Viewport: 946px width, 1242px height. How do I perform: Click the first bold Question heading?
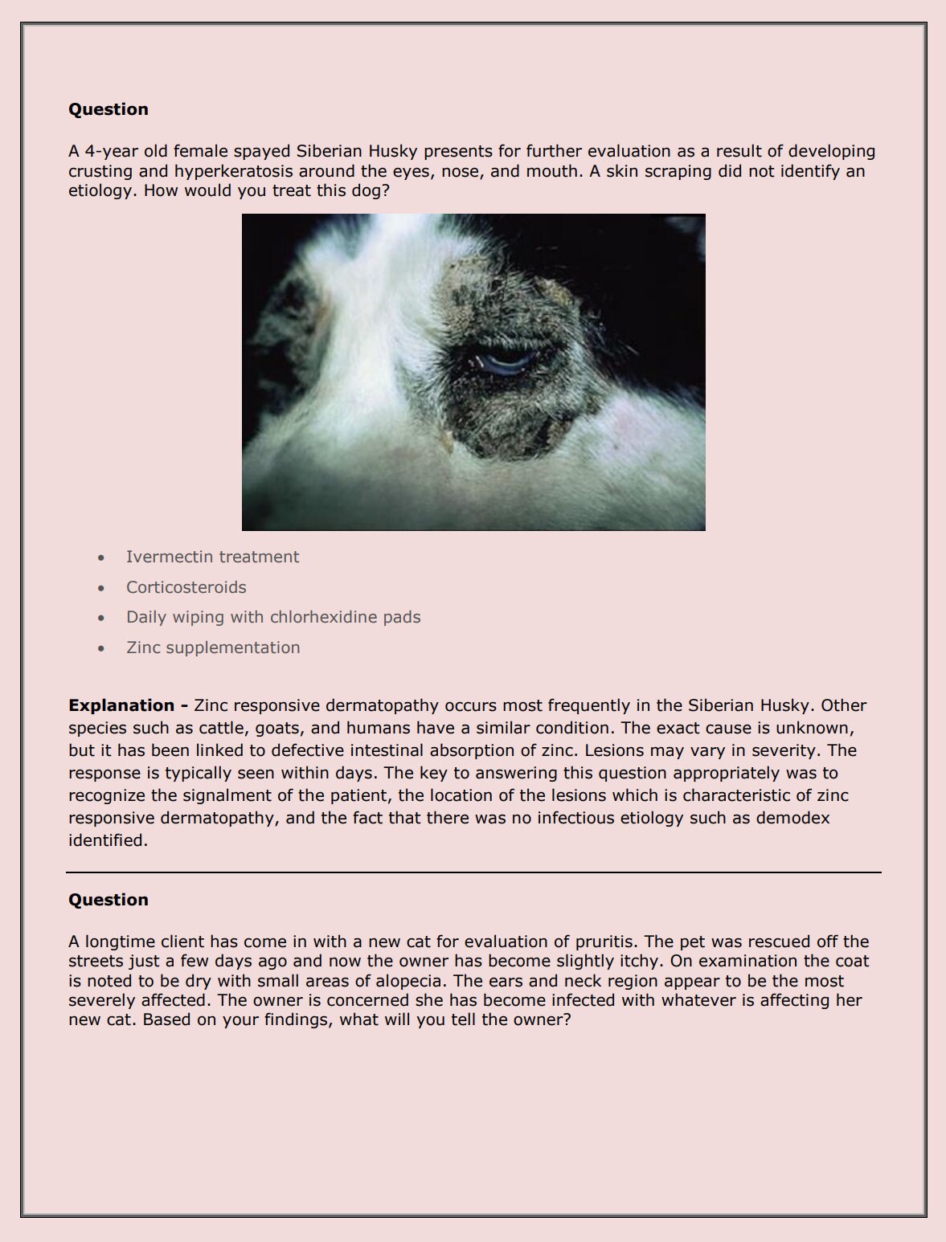coord(109,109)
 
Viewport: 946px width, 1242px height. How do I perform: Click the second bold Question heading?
coord(109,900)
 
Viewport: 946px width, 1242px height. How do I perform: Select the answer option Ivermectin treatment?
coord(212,557)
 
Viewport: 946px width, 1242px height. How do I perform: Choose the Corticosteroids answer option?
coord(186,587)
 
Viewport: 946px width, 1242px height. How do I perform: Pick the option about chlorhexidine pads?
coord(273,617)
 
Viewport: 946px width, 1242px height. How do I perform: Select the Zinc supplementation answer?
coord(213,648)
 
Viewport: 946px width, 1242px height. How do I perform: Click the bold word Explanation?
coord(121,705)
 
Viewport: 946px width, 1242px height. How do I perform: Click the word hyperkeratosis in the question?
coord(233,171)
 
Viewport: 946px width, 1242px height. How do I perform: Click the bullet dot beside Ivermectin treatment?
coord(100,558)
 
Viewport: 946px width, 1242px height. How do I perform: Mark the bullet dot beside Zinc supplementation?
coord(100,648)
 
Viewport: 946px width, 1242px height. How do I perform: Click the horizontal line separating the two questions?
coord(473,872)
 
